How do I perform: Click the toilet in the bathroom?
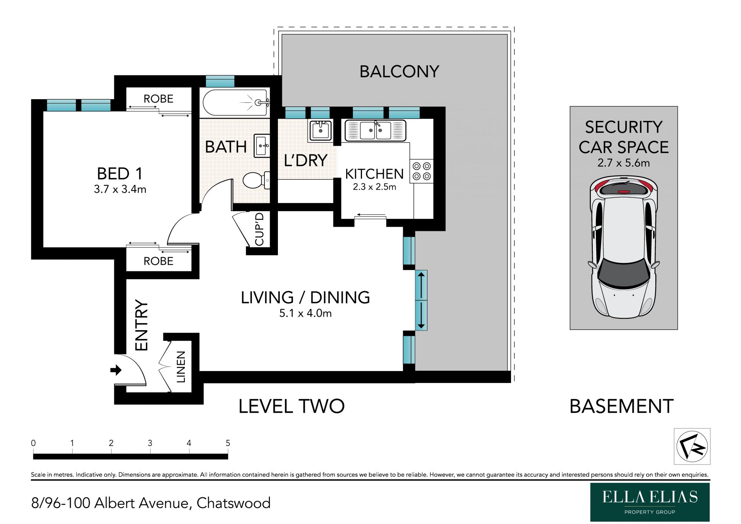[256, 180]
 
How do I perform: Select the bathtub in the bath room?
[236, 103]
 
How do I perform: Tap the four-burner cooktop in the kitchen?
[421, 171]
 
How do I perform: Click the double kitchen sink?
[375, 131]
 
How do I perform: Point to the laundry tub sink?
[320, 131]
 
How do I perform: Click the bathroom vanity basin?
[262, 146]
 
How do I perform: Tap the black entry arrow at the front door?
[116, 370]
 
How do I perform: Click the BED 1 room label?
[120, 174]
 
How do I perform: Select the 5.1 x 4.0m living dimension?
[305, 313]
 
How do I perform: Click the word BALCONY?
[399, 72]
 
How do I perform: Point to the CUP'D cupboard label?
[260, 229]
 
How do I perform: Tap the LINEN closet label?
[181, 367]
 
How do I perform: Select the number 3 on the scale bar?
[150, 443]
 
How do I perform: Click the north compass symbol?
[692, 446]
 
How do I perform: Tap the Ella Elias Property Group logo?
[650, 502]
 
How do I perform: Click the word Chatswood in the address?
[233, 503]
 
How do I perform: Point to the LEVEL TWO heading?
[291, 406]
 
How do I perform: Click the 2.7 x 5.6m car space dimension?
[624, 163]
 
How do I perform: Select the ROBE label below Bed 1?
[158, 261]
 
